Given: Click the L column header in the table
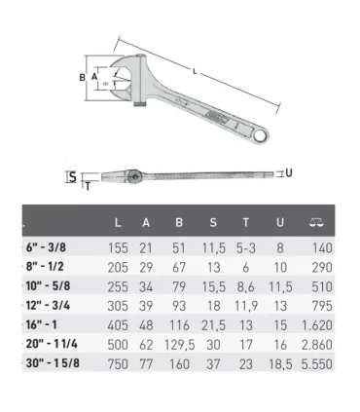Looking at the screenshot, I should click(x=118, y=222).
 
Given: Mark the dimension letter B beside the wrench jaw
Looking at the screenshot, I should click(x=82, y=77).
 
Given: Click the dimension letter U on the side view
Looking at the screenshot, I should click(x=288, y=172).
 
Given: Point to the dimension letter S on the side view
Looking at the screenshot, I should click(x=71, y=176).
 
